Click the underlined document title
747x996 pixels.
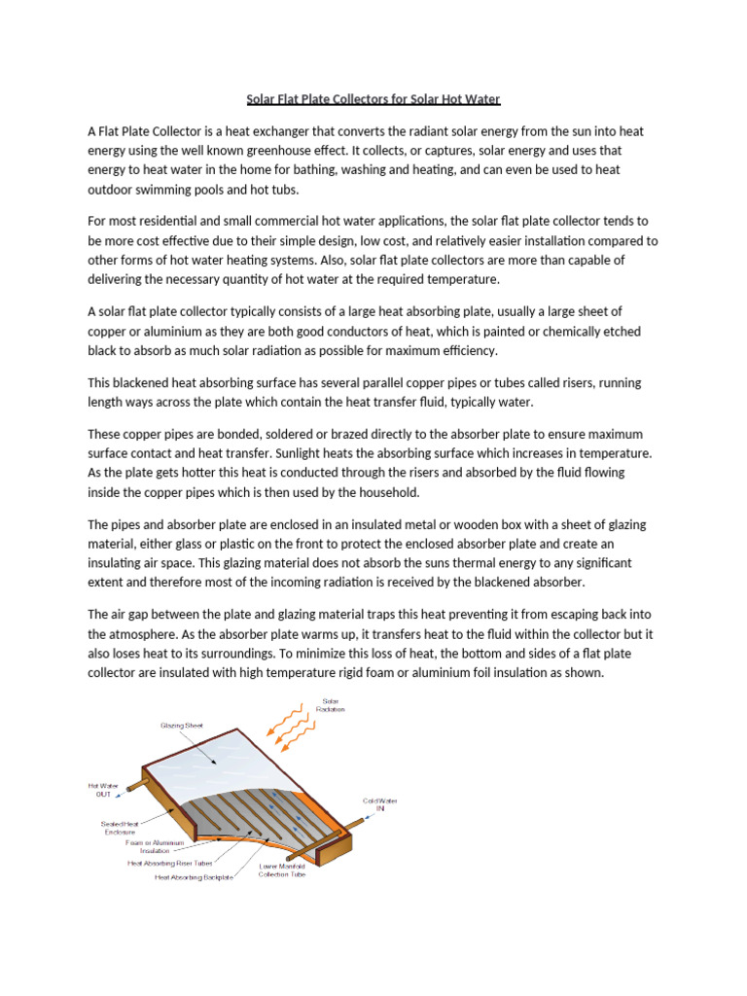pyautogui.click(x=373, y=99)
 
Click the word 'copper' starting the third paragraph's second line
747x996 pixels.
pyautogui.click(x=108, y=333)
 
